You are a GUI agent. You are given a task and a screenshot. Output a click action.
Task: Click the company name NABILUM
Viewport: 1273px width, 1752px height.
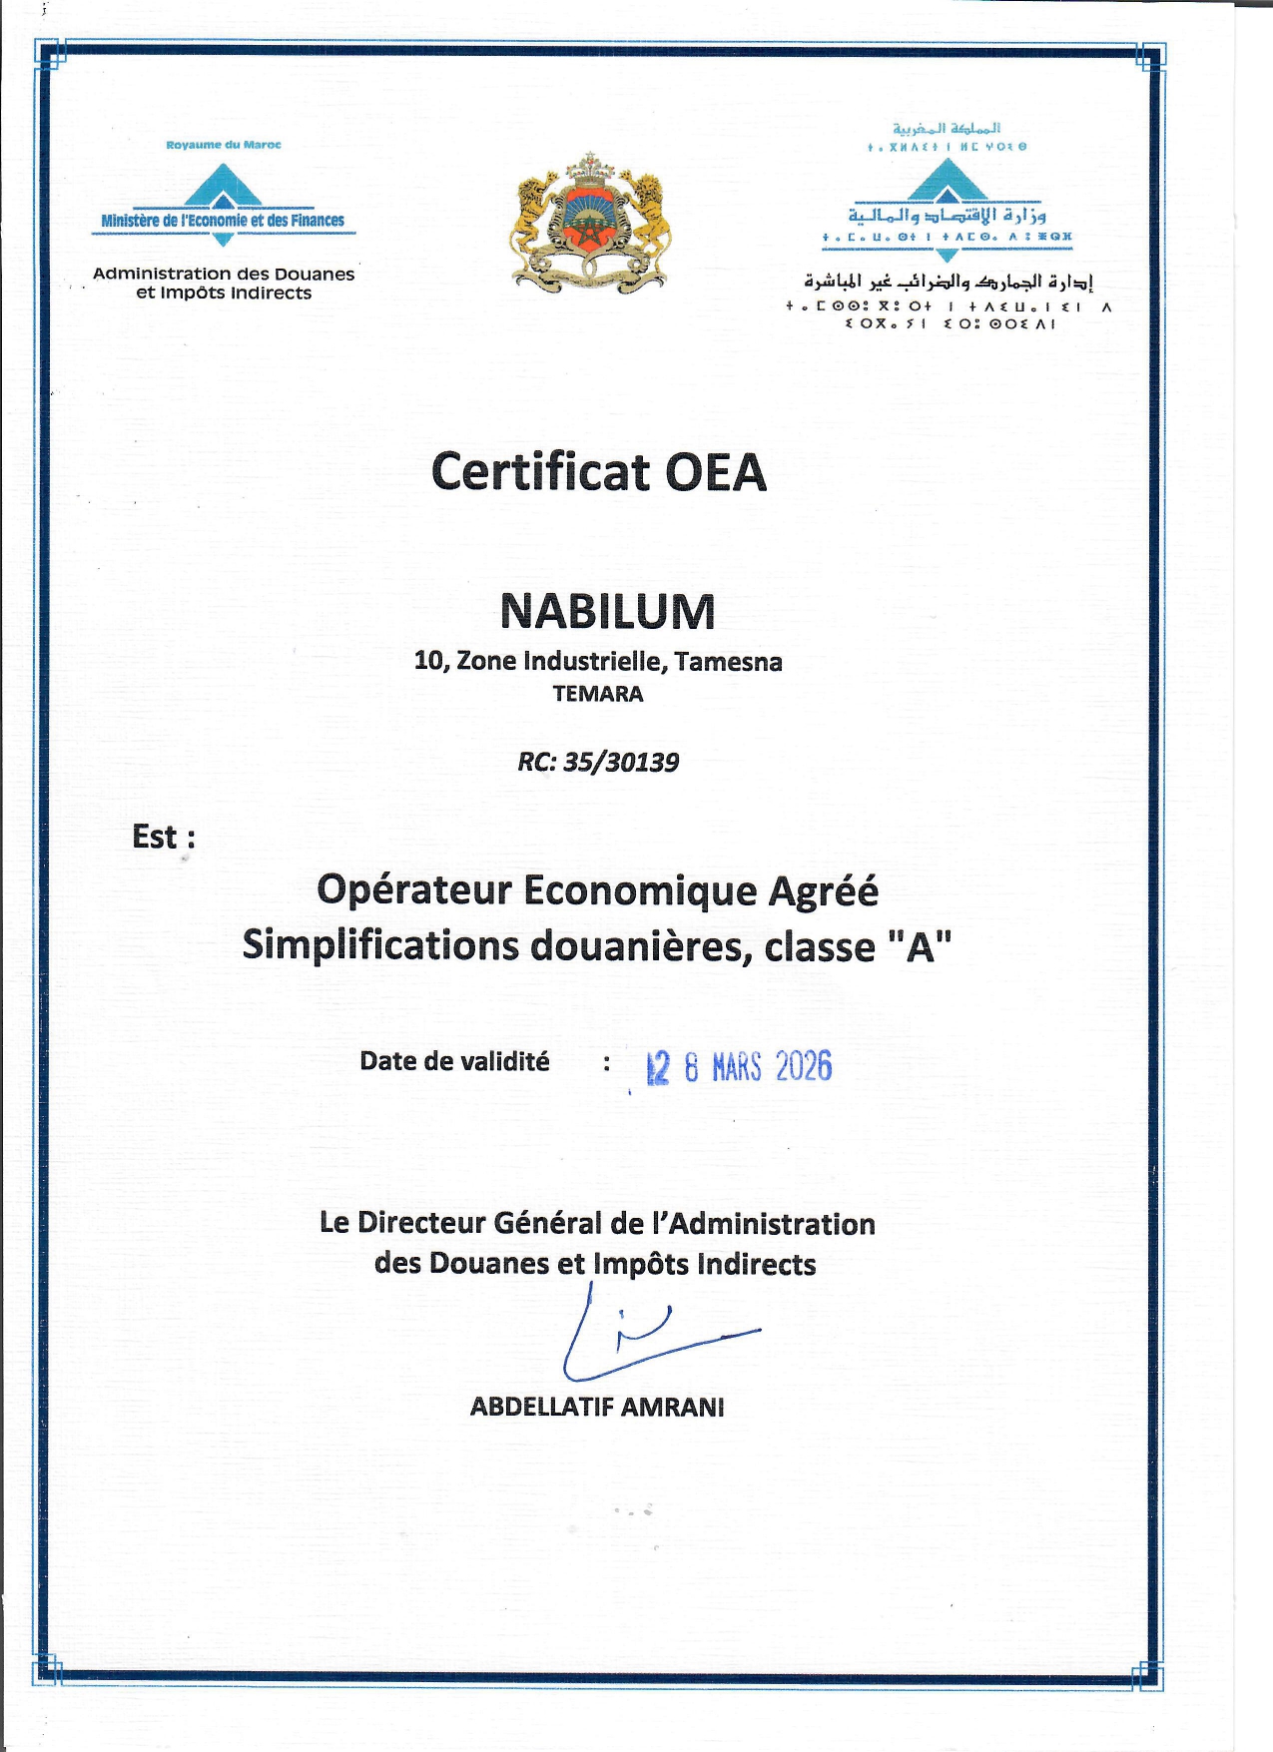point(607,611)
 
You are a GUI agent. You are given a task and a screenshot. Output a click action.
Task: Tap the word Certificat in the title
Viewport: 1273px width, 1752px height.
point(540,472)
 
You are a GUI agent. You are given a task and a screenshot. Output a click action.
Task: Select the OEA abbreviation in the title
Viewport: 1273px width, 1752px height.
point(716,472)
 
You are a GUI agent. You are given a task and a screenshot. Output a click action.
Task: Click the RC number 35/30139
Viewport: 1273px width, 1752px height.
point(621,763)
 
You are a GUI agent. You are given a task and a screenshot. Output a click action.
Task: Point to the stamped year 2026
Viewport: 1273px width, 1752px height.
point(803,1067)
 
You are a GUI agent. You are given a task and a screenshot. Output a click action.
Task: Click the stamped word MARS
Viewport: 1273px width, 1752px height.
point(737,1068)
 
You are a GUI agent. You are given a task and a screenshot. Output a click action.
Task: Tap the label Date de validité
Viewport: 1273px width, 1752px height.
point(454,1061)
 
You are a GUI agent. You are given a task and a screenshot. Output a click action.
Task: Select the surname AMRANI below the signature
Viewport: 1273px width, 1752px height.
point(672,1408)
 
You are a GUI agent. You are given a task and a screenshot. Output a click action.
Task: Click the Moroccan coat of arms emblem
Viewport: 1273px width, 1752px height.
point(589,223)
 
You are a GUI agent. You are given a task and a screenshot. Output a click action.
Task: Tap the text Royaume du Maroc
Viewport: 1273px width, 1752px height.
point(224,145)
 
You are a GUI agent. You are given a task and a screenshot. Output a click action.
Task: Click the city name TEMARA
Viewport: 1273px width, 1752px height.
point(598,694)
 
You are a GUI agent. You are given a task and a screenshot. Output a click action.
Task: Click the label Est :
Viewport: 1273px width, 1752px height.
point(163,837)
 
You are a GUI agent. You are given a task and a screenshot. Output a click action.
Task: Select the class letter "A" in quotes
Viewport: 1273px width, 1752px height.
point(920,946)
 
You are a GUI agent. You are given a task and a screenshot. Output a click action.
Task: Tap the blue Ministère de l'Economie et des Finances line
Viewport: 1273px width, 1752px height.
point(223,221)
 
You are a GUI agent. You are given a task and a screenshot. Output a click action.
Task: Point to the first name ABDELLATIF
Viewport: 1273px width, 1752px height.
point(542,1408)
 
